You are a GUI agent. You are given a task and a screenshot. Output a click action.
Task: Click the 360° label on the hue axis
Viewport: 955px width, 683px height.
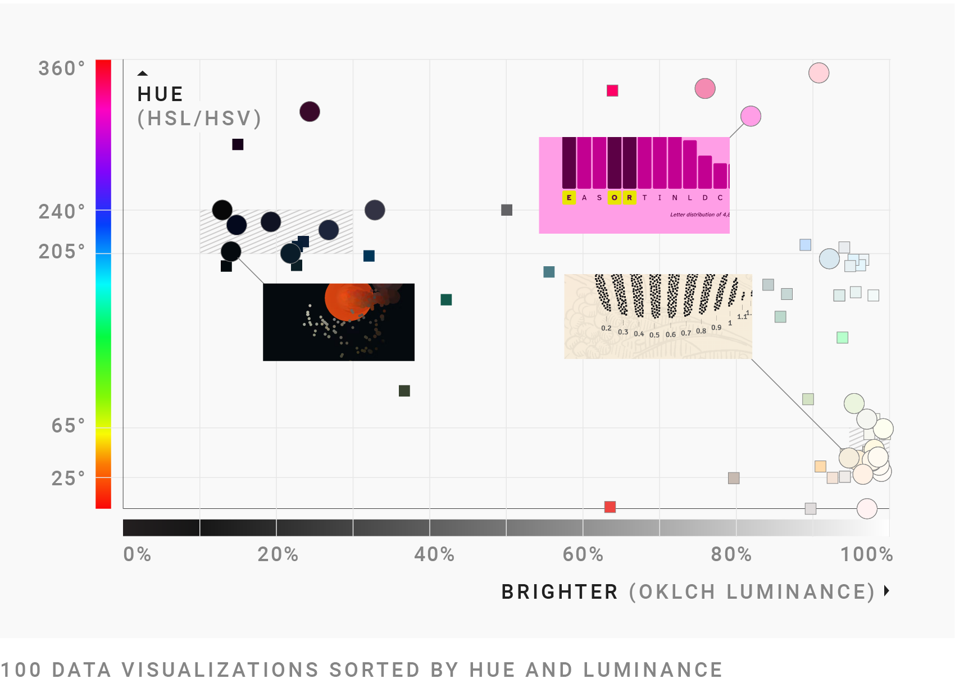click(x=61, y=69)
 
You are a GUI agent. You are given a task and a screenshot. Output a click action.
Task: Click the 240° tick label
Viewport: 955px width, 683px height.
click(x=61, y=212)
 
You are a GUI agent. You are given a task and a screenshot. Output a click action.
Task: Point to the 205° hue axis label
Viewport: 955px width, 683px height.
click(x=61, y=251)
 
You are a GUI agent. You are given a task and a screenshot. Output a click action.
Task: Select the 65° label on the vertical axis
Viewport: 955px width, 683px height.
click(x=68, y=426)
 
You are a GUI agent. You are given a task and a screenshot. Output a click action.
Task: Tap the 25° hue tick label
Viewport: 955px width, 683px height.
click(x=68, y=479)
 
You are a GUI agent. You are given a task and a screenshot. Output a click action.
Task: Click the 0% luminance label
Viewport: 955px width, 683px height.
click(x=137, y=554)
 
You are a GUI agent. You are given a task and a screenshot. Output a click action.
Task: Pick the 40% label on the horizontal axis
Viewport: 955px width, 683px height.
click(x=434, y=554)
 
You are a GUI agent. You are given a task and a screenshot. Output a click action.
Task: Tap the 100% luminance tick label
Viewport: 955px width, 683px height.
click(x=866, y=554)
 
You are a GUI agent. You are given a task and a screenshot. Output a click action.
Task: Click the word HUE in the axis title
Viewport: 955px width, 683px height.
click(x=160, y=94)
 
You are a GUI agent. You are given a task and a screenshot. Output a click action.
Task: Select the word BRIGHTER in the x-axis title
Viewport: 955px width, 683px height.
click(x=560, y=592)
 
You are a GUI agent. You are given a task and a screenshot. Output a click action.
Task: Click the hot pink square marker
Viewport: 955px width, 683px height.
click(x=612, y=90)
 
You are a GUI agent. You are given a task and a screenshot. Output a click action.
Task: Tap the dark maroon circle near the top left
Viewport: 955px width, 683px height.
click(x=310, y=112)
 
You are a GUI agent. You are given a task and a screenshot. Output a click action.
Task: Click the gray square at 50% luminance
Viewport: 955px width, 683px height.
click(x=507, y=210)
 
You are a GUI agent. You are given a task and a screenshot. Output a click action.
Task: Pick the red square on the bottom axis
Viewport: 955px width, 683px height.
click(x=610, y=507)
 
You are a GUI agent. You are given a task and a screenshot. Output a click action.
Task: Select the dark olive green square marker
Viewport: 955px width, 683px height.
click(x=404, y=391)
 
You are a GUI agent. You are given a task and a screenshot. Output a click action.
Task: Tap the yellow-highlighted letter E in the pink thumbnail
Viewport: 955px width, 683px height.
click(x=569, y=198)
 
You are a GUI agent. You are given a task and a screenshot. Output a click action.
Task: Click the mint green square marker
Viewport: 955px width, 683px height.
click(x=842, y=338)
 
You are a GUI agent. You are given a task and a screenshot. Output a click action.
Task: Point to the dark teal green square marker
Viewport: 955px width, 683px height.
click(x=446, y=300)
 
